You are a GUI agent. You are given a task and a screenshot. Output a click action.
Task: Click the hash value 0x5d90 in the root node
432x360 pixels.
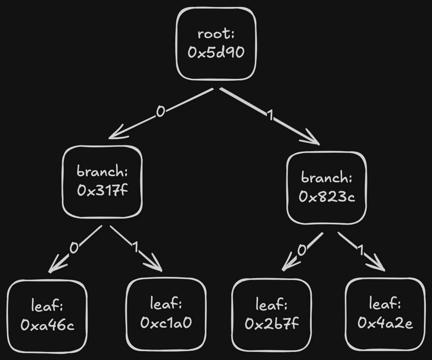216,52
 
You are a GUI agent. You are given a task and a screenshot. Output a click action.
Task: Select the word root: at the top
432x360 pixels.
216,34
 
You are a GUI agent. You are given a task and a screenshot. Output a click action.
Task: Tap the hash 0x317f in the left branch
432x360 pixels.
102,190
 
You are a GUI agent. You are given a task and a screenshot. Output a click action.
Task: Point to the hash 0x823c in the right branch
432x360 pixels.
327,197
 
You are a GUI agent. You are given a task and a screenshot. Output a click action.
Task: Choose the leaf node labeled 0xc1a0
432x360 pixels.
166,314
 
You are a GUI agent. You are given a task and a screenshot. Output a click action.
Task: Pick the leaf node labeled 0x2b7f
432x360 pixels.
271,315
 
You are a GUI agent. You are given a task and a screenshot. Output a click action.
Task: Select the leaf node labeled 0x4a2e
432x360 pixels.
385,314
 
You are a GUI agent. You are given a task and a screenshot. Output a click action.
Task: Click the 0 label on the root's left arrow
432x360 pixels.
161,112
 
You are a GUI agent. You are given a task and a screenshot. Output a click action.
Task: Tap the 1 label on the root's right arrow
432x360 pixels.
271,115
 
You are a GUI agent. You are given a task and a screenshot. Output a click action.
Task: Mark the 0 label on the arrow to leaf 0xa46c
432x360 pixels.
74,248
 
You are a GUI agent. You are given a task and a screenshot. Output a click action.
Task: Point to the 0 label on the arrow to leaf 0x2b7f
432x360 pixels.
302,250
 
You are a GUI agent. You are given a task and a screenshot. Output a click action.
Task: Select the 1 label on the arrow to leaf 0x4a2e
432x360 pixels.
360,251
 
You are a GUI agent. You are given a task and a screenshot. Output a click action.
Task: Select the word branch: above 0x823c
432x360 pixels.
327,178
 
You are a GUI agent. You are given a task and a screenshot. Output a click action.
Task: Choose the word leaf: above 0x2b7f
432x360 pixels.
271,305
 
